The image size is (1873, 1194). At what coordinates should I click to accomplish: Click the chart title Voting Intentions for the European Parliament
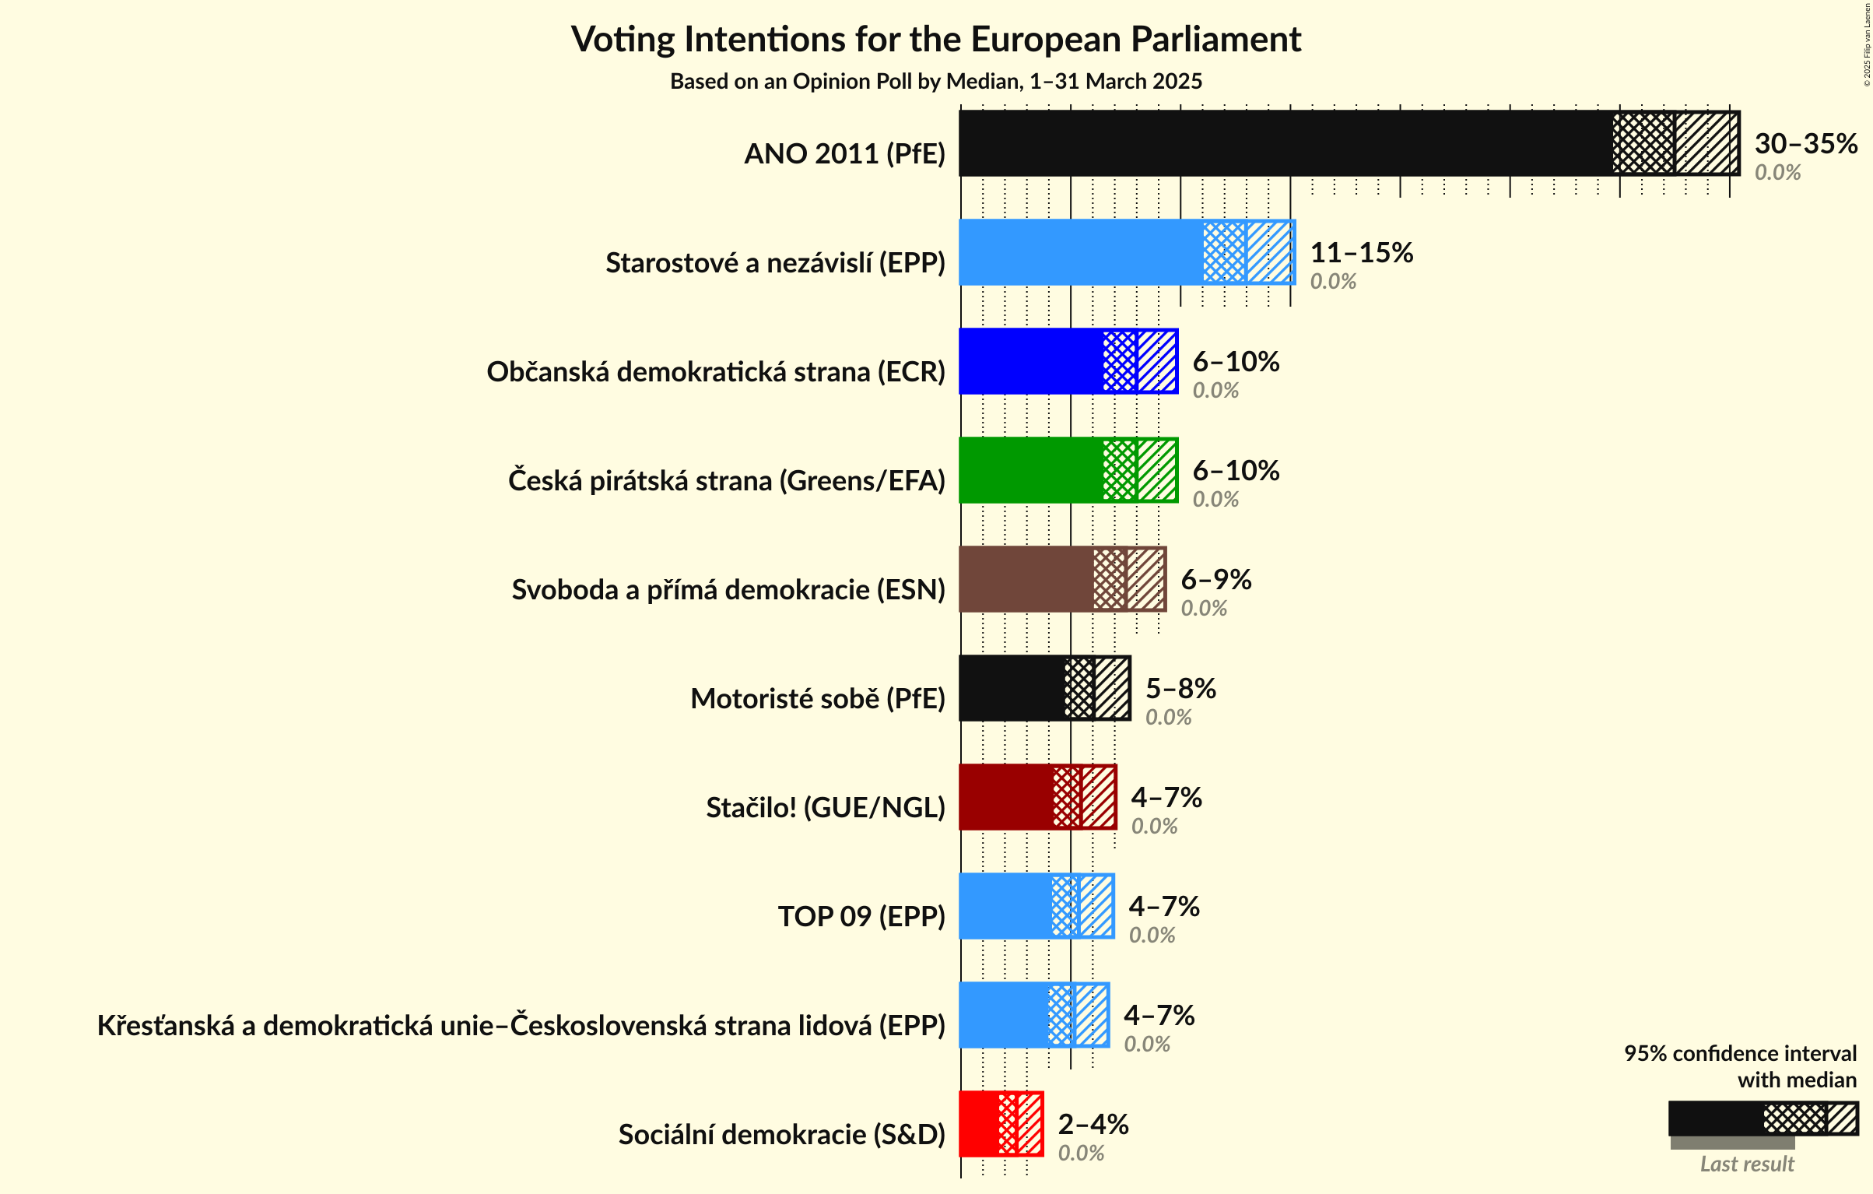935,39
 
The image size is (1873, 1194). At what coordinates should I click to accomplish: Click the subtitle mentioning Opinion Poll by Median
935,81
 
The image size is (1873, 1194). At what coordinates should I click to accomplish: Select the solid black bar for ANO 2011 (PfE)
1284,143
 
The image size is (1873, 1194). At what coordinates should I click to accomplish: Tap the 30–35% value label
1805,143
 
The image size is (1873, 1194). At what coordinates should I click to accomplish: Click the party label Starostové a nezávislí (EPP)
775,263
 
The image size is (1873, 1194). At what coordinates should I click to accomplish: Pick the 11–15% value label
1361,252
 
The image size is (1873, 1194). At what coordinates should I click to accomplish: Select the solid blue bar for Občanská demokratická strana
1030,361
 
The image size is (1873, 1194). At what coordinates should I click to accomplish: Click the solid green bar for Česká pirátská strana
1030,470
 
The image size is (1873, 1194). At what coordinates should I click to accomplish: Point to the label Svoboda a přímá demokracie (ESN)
728,590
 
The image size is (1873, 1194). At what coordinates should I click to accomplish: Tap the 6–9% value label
1215,579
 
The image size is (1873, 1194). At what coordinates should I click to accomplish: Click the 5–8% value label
1180,688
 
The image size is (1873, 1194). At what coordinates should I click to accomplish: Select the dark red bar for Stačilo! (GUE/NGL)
1005,797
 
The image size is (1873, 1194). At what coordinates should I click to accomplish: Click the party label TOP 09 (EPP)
861,917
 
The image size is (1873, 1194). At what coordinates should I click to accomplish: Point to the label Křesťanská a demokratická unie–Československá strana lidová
521,1026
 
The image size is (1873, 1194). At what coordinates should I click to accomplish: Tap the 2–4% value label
1093,1124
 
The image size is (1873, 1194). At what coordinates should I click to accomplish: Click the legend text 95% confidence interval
1739,1053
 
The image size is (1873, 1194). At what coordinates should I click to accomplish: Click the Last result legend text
1746,1164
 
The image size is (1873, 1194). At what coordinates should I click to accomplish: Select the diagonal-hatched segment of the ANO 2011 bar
1706,143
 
